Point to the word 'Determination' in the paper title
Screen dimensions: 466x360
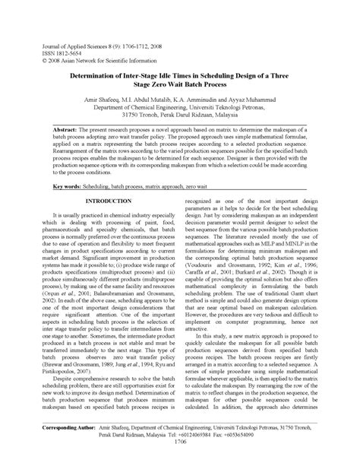[x=99, y=77]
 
